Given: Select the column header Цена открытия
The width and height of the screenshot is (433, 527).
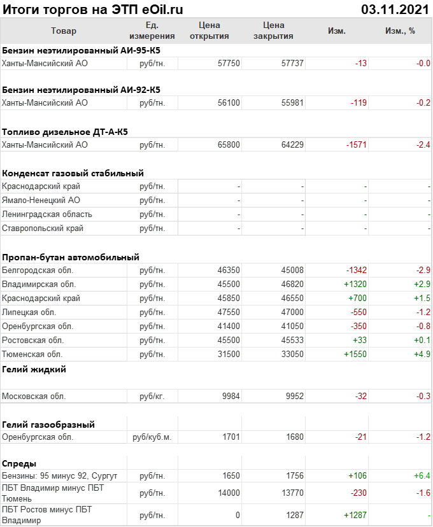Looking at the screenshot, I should [209, 31].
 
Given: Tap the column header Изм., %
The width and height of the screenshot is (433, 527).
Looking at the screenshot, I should [400, 31].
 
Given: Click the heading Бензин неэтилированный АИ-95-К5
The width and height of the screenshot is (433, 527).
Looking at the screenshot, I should [82, 50].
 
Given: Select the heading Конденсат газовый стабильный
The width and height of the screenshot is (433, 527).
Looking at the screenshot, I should [73, 173].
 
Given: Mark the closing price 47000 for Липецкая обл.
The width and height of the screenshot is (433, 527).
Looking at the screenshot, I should [292, 313].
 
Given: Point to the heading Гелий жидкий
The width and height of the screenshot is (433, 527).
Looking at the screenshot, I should [34, 369].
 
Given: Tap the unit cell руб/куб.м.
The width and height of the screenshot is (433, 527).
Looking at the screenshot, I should [152, 437].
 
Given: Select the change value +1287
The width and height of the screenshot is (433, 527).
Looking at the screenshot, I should [355, 514].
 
